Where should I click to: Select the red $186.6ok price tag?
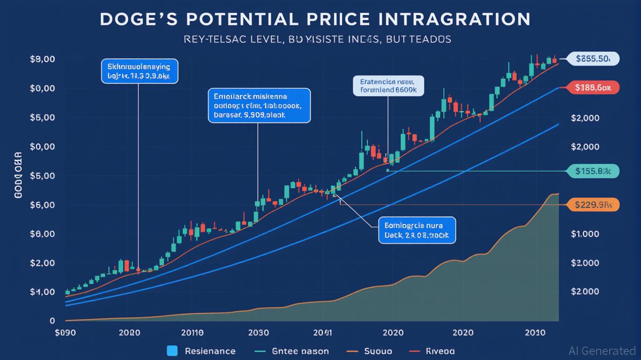(x=593, y=87)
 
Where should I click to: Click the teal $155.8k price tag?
(x=593, y=171)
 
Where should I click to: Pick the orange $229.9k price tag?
(x=593, y=204)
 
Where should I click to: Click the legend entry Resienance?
(x=210, y=351)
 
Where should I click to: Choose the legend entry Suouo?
(x=378, y=351)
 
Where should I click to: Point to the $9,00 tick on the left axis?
(x=43, y=60)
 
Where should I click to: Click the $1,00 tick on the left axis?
(x=43, y=292)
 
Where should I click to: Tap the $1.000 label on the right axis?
(x=585, y=234)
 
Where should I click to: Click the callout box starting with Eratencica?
(x=388, y=86)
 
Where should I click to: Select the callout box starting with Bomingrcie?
(x=417, y=230)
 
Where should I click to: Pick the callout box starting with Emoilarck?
(x=259, y=105)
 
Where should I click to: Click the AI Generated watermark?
(x=602, y=351)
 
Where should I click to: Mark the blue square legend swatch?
(x=172, y=351)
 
